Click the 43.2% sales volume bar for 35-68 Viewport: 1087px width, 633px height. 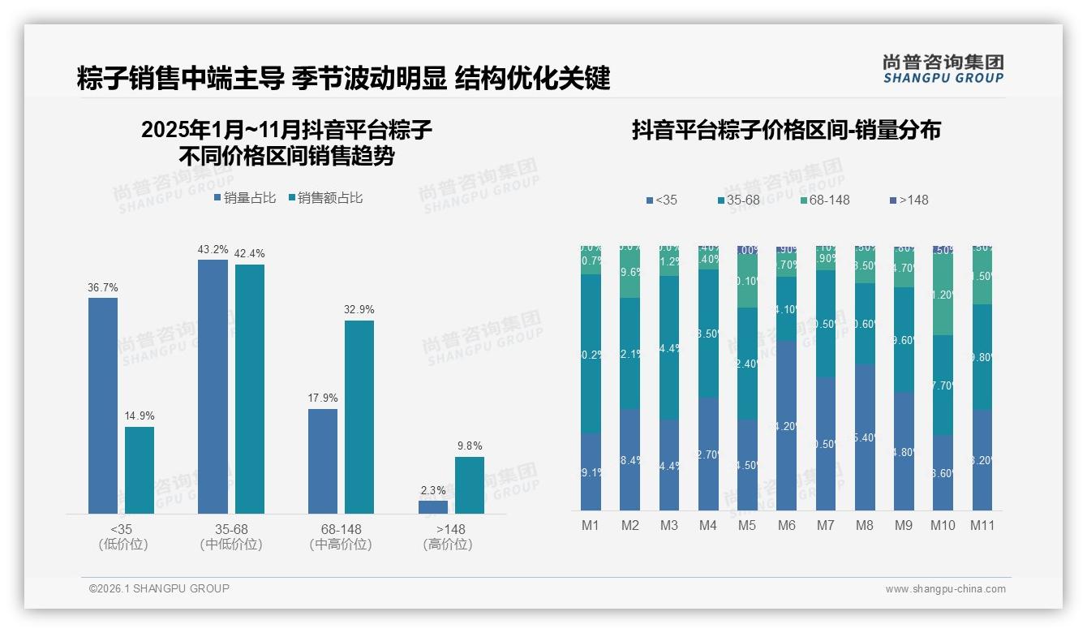213,386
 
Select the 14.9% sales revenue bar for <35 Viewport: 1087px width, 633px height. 140,470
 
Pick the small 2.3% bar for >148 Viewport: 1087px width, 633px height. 433,507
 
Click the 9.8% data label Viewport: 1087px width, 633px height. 470,446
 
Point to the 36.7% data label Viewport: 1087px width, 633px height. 103,287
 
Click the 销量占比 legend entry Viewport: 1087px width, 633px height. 245,197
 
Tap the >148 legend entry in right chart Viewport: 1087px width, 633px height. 908,200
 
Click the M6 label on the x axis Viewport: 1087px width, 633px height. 786,525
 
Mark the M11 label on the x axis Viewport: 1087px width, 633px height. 982,525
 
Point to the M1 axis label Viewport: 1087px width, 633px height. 591,525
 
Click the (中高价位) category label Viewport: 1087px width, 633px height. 341,545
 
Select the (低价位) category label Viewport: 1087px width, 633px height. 122,545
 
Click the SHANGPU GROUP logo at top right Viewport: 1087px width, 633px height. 943,69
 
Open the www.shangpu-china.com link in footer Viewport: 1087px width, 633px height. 945,589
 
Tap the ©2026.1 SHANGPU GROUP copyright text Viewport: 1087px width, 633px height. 159,588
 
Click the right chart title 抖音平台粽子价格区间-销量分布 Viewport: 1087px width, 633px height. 785,130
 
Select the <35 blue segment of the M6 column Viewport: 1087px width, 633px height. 786,425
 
